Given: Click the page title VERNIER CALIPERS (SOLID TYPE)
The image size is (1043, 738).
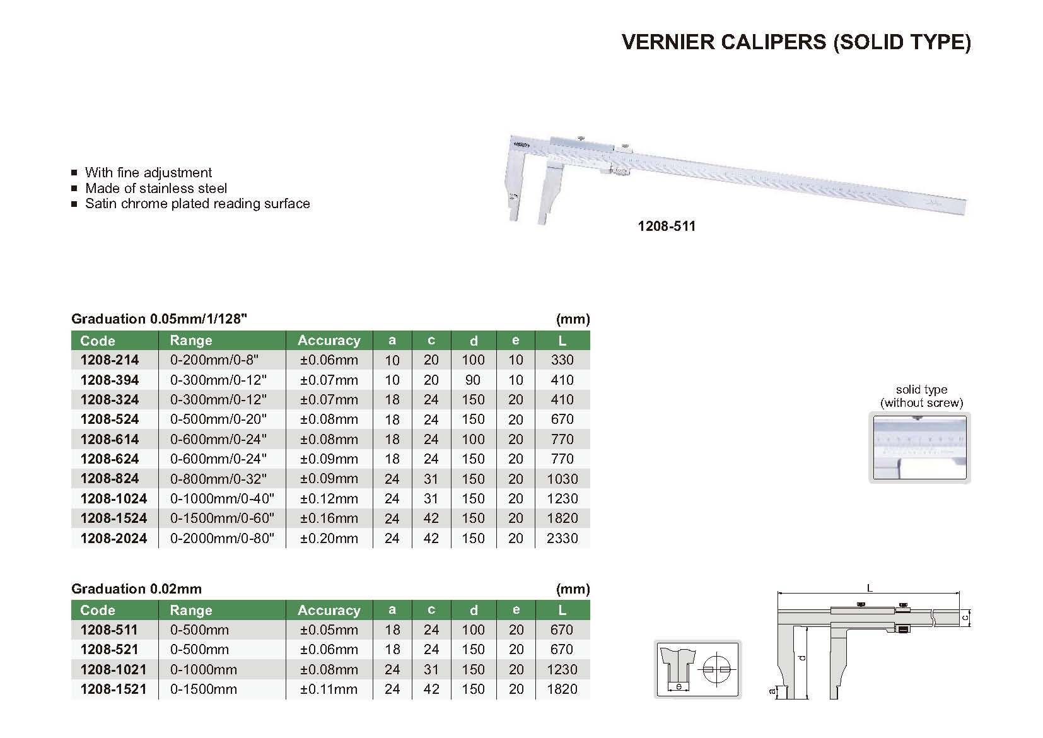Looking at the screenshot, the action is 796,42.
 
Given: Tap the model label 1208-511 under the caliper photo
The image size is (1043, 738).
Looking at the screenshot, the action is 667,226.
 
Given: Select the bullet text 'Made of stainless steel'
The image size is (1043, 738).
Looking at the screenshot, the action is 156,188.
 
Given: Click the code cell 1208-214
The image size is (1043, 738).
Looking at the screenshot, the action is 110,360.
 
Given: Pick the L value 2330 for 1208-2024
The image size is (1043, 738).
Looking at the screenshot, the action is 562,538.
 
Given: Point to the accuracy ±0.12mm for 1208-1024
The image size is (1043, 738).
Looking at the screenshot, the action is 329,499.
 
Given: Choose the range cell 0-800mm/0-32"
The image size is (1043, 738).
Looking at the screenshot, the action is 218,479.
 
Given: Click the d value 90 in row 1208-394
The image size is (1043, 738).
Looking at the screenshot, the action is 472,380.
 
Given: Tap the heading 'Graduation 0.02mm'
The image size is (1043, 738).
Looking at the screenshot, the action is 136,589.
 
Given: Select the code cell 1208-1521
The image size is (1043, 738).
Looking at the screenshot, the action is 113,689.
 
